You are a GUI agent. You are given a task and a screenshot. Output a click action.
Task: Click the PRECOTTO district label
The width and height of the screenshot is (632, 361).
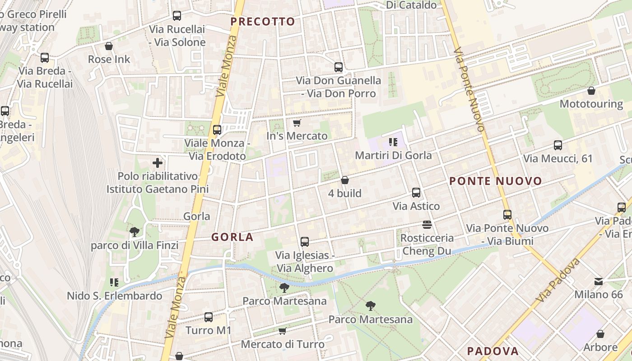[262, 21]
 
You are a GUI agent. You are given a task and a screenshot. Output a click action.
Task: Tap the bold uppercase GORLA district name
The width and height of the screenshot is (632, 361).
[232, 237]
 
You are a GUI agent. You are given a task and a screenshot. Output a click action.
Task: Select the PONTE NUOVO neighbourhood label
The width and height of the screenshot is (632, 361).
[496, 181]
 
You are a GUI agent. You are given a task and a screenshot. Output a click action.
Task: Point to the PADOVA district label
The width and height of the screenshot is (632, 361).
[493, 351]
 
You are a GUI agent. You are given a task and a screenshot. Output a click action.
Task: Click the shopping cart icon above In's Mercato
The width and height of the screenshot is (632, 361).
[297, 123]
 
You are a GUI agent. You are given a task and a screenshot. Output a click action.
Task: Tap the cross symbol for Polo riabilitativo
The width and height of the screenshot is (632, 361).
[158, 163]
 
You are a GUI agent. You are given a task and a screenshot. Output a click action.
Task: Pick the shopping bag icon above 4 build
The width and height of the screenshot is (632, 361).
[344, 180]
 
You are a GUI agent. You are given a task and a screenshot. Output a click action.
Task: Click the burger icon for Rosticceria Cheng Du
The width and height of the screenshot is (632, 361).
[427, 224]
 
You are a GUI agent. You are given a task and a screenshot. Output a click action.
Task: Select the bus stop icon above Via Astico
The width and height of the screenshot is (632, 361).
[416, 193]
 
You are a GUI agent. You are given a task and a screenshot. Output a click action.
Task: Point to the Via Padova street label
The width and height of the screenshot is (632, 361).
[558, 280]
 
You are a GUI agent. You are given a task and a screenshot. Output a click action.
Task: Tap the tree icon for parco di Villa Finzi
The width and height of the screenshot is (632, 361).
[134, 232]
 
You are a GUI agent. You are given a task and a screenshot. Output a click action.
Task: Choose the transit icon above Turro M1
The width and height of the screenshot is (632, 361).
[208, 317]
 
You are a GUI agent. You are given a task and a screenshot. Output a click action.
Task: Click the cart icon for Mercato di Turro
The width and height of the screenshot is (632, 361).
[282, 331]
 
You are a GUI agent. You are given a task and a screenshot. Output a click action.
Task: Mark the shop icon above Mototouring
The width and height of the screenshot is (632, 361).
[591, 91]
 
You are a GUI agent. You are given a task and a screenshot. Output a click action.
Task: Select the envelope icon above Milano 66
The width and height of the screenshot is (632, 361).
[598, 282]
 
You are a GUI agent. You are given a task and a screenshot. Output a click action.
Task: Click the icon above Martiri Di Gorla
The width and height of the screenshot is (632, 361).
[393, 142]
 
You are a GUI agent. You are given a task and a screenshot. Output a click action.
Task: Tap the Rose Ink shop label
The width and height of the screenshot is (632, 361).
[109, 59]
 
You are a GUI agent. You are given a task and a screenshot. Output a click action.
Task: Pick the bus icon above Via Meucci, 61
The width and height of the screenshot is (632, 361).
[558, 145]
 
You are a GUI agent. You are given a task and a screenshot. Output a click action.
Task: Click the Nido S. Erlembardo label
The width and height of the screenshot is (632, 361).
[114, 296]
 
